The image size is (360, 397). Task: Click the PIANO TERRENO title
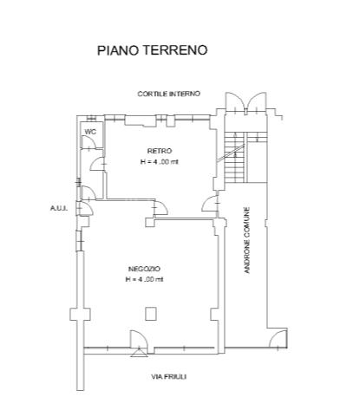152,50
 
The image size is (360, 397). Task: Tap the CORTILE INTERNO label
168,94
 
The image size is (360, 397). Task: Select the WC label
90,132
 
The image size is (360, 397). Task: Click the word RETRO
160,151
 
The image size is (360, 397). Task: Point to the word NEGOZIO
144,269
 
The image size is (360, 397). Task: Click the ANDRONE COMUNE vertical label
246,240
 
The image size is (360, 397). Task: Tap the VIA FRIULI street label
168,377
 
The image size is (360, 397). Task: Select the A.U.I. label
59,208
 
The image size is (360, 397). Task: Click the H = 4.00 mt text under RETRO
160,162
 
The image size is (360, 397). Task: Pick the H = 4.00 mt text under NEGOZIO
144,279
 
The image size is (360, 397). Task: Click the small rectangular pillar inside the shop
151,314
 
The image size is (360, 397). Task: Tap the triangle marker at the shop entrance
139,352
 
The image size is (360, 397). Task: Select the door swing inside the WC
88,141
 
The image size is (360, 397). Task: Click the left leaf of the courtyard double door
235,101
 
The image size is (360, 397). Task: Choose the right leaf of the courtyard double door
257,101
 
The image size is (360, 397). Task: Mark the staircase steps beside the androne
234,158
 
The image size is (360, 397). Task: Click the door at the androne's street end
278,338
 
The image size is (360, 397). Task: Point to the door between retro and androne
210,204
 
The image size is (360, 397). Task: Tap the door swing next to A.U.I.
86,208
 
